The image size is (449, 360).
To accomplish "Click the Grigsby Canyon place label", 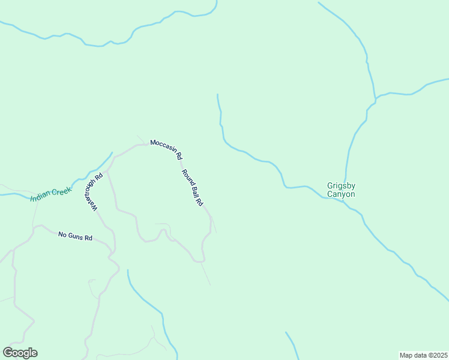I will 341,190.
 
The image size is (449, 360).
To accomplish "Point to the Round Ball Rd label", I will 192,188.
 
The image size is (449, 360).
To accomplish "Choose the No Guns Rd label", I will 75,236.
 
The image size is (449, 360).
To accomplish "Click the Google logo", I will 20,353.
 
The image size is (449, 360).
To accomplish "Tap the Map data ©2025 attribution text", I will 423,355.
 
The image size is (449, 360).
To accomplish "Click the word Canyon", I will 341,194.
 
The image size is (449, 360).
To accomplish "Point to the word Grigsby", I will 341,185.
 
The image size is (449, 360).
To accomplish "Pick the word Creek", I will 62,191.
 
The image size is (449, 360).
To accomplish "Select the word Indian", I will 41,197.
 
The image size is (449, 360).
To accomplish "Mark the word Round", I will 187,177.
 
